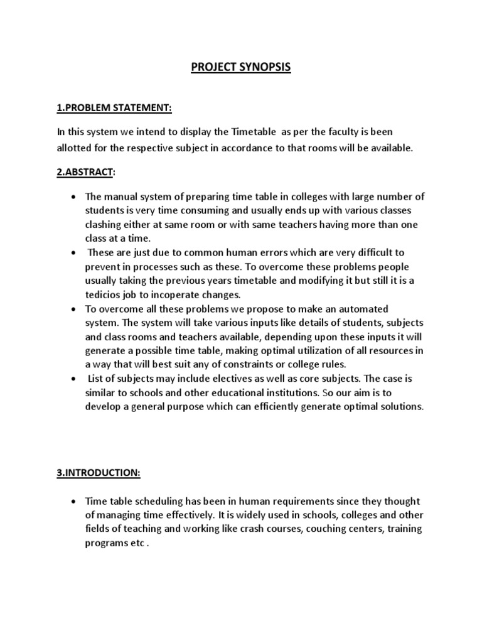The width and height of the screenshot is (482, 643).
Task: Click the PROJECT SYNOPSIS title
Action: [241, 67]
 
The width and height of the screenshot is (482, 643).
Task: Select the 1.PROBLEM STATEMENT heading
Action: [114, 109]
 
